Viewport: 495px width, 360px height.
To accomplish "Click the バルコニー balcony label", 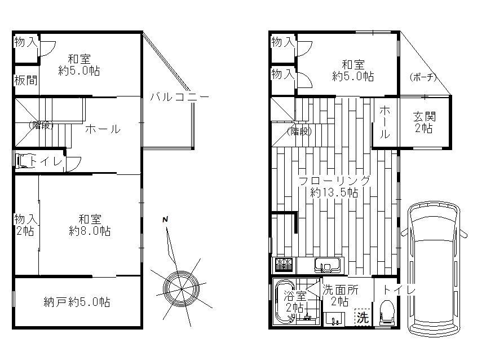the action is [179, 96].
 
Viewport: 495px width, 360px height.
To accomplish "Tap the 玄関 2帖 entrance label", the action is [425, 122].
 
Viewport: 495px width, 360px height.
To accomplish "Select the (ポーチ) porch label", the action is [423, 77].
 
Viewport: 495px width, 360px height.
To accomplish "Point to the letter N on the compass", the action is [165, 219].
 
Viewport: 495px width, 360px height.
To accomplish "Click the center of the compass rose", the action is [181, 289].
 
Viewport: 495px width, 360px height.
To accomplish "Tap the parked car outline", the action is [434, 271].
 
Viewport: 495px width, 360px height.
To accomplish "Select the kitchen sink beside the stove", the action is [327, 265].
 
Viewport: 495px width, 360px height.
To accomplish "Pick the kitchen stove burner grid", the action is [284, 265].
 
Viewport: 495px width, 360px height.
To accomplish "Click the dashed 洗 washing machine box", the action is [364, 317].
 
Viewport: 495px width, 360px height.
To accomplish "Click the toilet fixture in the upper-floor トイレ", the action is [24, 161].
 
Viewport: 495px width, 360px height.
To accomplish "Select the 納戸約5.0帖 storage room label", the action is [77, 302].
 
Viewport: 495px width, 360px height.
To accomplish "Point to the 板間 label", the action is [26, 81].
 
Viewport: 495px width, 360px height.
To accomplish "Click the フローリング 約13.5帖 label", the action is [334, 186].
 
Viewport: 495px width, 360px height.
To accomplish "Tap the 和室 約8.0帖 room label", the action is [90, 225].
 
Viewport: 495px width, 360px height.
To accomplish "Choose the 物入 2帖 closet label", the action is [26, 225].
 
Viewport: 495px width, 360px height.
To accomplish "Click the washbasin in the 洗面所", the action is [334, 319].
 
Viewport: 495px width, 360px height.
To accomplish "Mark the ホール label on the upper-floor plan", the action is [103, 129].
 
